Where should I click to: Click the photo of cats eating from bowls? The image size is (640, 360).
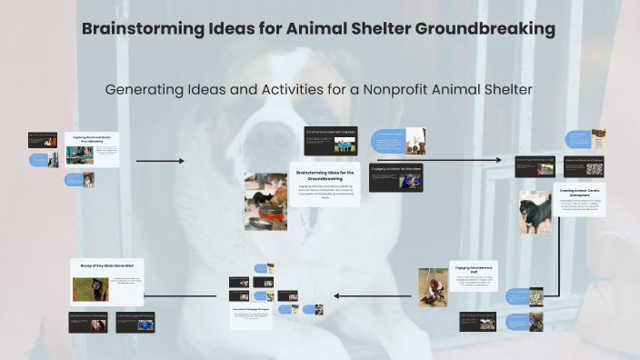click(265, 201)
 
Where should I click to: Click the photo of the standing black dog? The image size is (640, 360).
click(535, 212)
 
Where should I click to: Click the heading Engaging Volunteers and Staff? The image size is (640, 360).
click(473, 270)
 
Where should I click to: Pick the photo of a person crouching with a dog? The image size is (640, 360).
click(432, 285)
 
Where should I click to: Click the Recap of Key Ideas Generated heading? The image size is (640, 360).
click(107, 266)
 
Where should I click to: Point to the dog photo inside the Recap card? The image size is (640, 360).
click(90, 289)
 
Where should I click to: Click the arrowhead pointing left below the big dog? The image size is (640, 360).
click(337, 295)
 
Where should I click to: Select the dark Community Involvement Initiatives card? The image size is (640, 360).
click(330, 140)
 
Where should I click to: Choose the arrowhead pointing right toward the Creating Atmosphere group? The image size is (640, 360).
click(498, 161)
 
